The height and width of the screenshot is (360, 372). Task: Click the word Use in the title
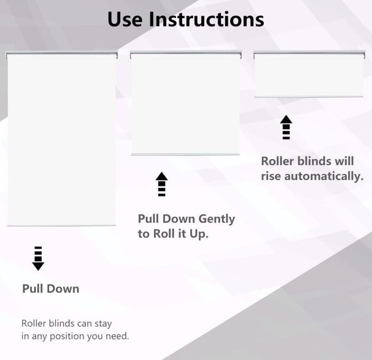coord(125,19)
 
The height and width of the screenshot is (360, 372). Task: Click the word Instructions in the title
coord(206,19)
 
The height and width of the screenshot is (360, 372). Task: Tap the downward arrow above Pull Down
coord(38,258)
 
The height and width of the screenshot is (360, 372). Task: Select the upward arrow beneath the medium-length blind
coord(162,184)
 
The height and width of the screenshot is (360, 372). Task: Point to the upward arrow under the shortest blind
coord(286,127)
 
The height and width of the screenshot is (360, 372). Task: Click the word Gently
coord(217,219)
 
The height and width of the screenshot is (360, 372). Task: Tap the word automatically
coord(324,176)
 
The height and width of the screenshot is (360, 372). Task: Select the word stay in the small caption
coord(103,324)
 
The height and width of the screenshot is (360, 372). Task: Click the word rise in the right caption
coord(271,176)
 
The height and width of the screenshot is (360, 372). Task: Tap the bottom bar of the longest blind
coord(62,225)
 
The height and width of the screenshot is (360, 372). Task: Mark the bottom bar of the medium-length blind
coord(185,155)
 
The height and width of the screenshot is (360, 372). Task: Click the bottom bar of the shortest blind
coord(309,97)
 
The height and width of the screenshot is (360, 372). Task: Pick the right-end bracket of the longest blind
coord(116,55)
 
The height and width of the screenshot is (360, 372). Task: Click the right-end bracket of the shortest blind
coord(364,55)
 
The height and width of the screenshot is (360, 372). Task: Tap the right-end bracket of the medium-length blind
coord(240,55)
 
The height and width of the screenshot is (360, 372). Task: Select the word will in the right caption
coord(344,161)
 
